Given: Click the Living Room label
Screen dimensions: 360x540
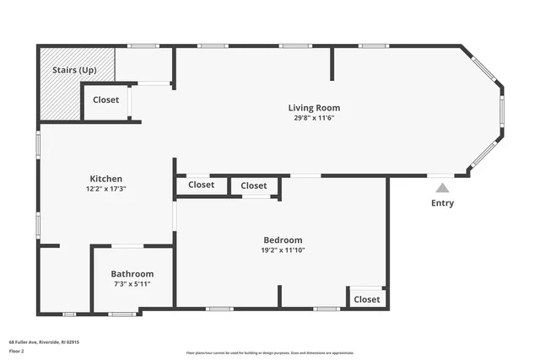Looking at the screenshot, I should [x=314, y=108].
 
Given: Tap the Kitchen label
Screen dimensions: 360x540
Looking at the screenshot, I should [x=106, y=179].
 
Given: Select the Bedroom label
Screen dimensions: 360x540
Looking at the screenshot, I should [x=282, y=240].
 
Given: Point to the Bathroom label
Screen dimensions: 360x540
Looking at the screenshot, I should [x=132, y=274].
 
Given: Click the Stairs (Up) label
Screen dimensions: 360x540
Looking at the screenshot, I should [x=74, y=70].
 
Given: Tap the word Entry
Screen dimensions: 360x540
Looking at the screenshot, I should [x=442, y=203].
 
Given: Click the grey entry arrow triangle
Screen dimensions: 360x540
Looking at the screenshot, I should [x=442, y=188].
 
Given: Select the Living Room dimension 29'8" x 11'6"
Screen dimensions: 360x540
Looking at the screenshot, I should [x=314, y=118].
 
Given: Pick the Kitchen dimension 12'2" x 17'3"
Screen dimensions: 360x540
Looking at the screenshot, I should [x=106, y=189].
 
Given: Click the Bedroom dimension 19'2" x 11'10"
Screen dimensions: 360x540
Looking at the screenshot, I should [x=282, y=250].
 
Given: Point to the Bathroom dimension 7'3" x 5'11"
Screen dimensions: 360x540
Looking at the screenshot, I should [x=132, y=284].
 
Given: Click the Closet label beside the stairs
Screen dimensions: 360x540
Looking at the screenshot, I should [x=105, y=100].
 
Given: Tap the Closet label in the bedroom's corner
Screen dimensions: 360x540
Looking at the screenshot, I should [x=367, y=299].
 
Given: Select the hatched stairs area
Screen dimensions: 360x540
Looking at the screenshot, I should [x=61, y=97].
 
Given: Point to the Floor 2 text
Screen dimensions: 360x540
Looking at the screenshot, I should [x=17, y=351].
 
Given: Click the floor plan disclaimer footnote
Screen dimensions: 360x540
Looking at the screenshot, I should [x=270, y=352].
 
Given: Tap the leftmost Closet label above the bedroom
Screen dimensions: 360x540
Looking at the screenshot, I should [x=201, y=185].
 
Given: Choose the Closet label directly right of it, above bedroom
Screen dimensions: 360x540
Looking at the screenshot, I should [x=253, y=185].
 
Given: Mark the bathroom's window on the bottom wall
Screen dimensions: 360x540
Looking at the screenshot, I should [x=122, y=314].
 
